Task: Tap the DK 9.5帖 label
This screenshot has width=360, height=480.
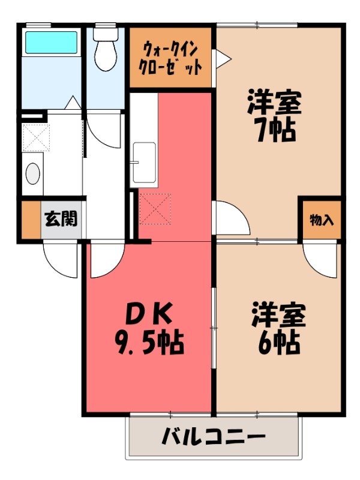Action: tap(149, 327)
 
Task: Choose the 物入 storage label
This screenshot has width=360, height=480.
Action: tap(321, 219)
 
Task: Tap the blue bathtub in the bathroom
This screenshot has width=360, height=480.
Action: tap(50, 43)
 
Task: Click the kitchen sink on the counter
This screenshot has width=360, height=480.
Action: tap(144, 162)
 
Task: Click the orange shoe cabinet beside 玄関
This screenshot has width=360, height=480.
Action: tap(29, 220)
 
